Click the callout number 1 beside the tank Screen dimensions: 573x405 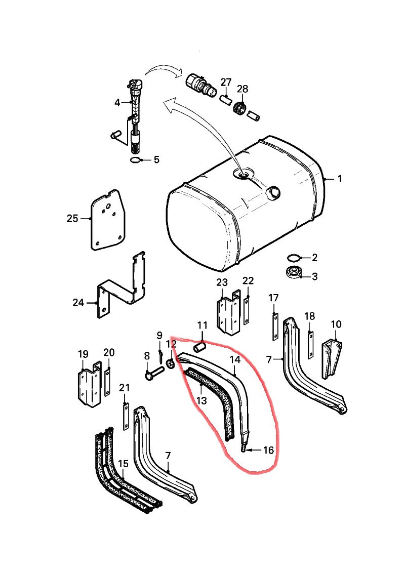pos(340,179)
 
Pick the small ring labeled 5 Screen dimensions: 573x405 pos(135,160)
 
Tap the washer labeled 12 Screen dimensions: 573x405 pos(170,363)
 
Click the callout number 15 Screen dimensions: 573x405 pos(123,463)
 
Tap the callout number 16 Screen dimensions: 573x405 pos(268,449)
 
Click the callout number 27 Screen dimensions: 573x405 pos(226,83)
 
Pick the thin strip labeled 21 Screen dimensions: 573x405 pos(125,416)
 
